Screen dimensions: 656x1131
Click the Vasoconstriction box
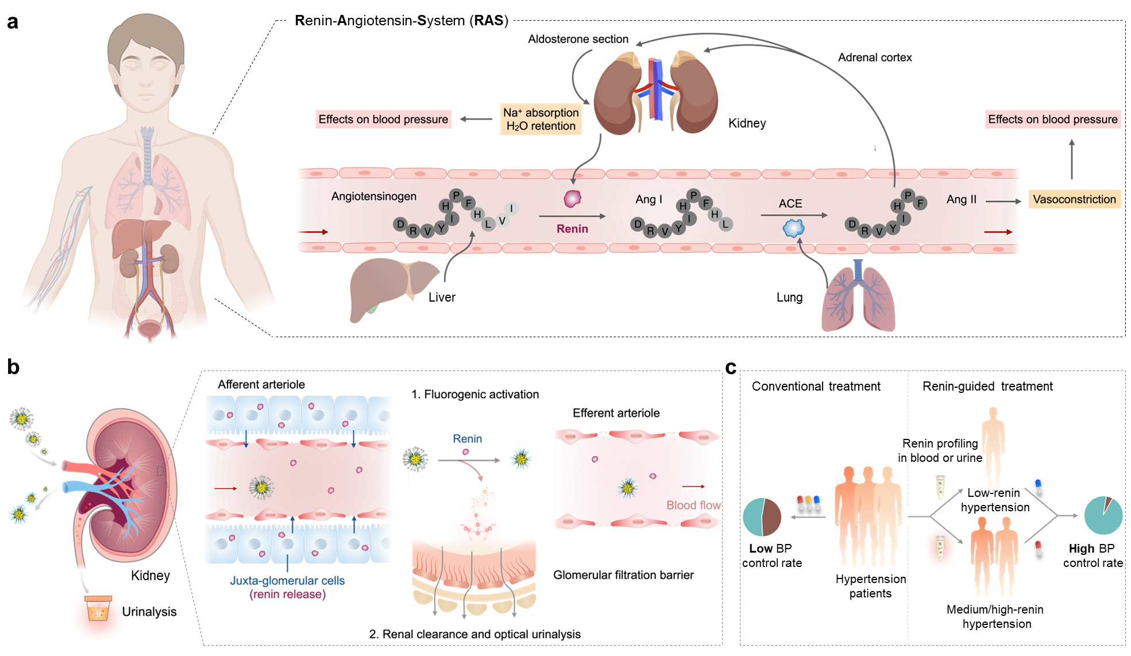click(1074, 199)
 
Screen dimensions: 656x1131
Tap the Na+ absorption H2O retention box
click(541, 119)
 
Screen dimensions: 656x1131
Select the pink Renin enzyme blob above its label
click(572, 199)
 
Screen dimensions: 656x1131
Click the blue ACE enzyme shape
click(793, 228)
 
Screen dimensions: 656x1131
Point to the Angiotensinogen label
click(373, 196)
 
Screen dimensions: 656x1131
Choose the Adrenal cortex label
click(874, 57)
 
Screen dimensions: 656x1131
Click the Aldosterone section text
click(578, 39)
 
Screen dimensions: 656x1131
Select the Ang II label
click(961, 199)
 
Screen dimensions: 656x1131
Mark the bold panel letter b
click(13, 367)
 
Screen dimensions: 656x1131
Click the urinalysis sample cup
click(98, 609)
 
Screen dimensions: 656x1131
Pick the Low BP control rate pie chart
click(762, 517)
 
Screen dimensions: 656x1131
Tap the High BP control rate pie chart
click(1103, 515)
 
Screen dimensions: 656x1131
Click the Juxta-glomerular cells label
click(287, 581)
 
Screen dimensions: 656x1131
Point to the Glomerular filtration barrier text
click(623, 575)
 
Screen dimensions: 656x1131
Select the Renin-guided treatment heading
click(987, 387)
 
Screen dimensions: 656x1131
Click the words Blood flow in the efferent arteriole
click(693, 505)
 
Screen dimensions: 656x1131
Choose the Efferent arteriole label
click(616, 413)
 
